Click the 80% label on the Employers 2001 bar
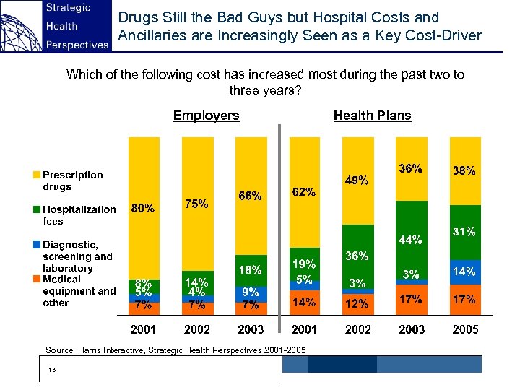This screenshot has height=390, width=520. coord(142,209)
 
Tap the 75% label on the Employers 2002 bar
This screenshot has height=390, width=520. coord(197,204)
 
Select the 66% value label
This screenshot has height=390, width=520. coord(250,196)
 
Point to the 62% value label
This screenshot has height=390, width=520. coord(303,193)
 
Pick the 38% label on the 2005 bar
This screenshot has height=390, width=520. coord(464,171)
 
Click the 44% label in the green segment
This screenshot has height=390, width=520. coord(410,239)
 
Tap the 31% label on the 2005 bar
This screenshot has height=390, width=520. coord(464,232)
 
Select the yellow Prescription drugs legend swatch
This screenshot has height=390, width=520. coord(36,175)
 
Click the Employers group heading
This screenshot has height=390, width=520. coord(206,116)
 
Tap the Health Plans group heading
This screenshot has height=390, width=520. coord(372,116)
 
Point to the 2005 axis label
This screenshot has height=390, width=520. coord(464,329)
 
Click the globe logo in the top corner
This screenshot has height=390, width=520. coord(20,25)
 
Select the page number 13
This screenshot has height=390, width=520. coord(51,370)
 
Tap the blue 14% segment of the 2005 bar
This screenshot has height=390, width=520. coord(464,272)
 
